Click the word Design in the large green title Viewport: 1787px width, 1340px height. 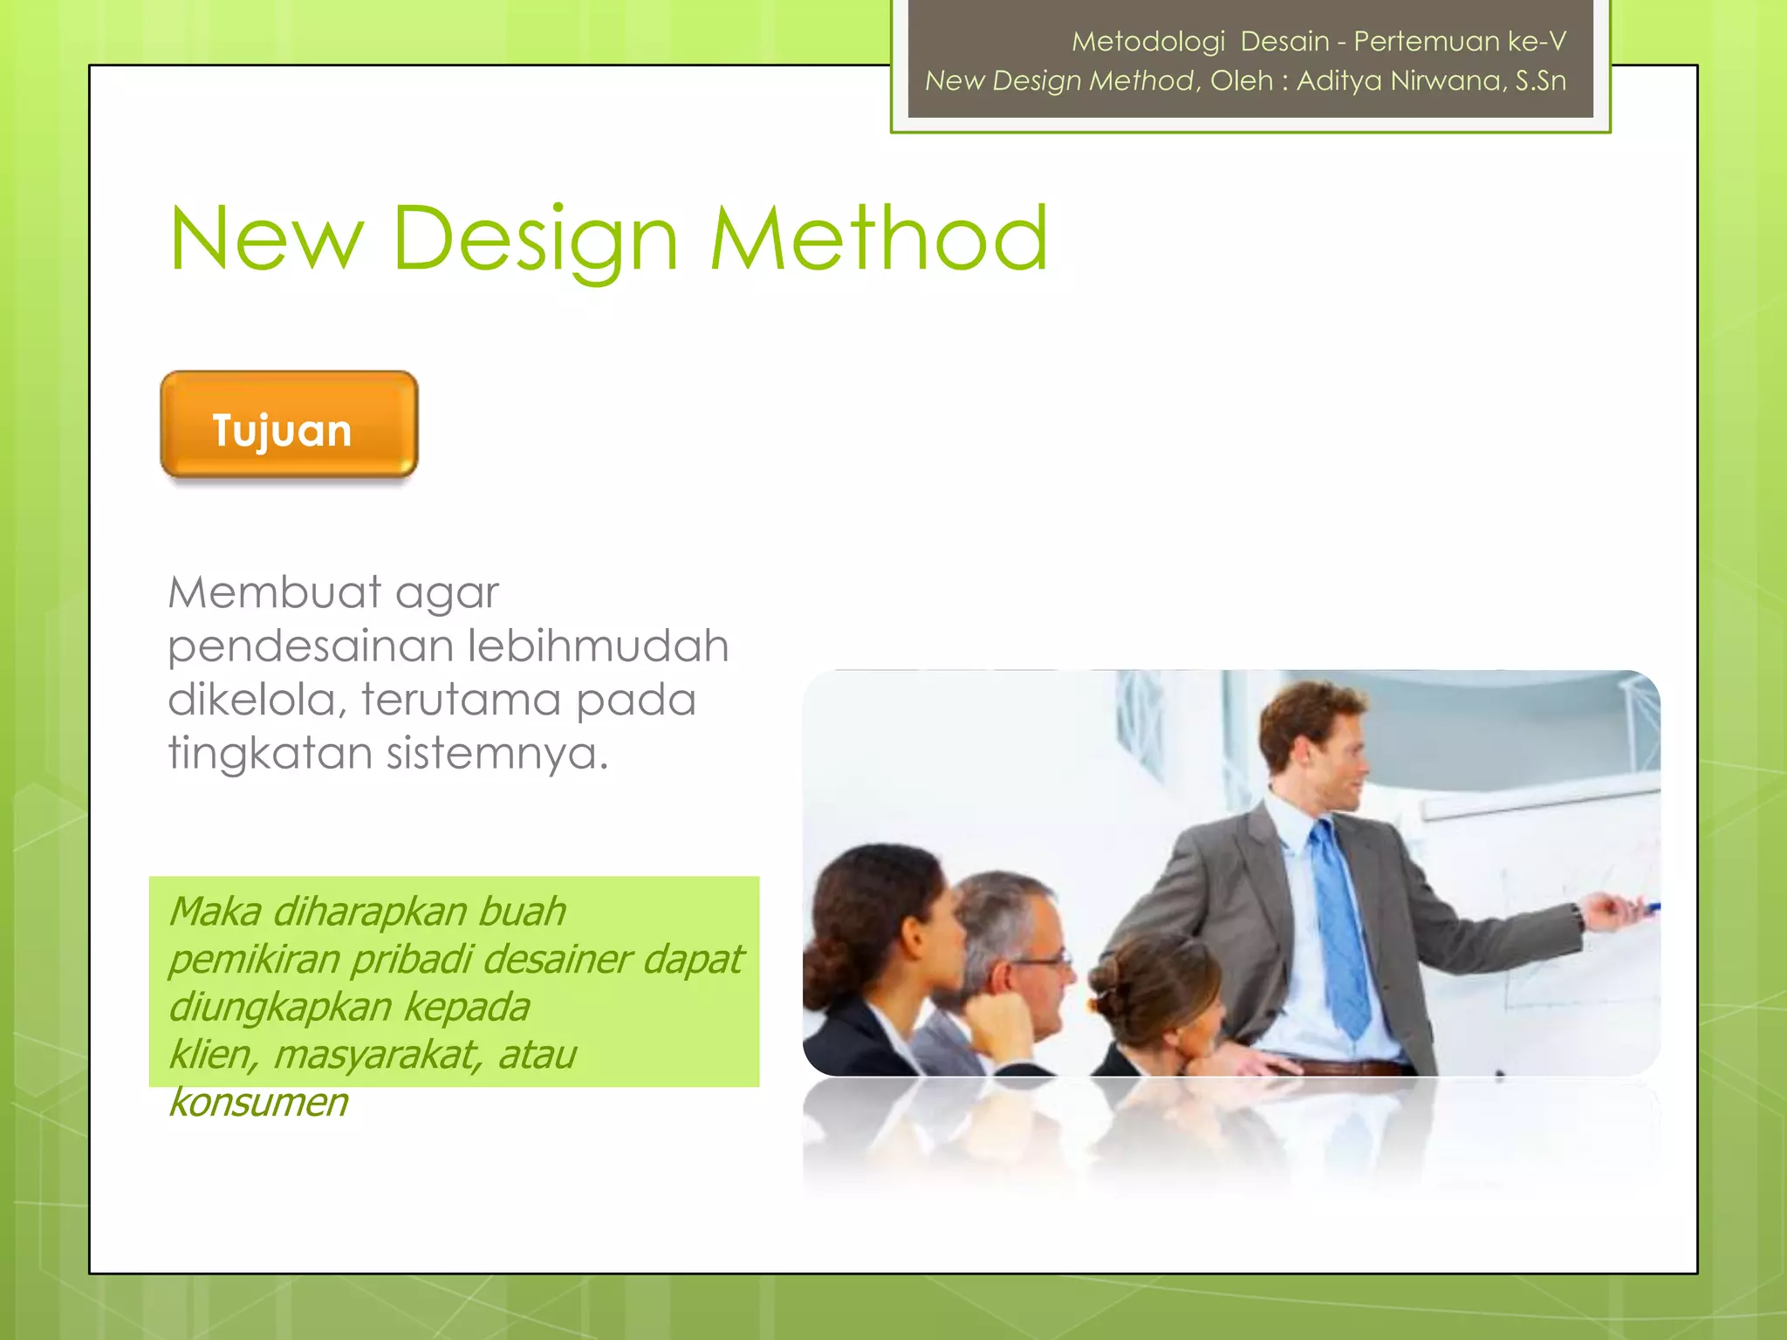pos(535,238)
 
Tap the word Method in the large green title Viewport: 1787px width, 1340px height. pos(878,238)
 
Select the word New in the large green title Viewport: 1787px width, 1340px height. pos(266,238)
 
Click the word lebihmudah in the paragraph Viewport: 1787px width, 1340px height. pos(598,646)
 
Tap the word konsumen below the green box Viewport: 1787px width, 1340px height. pos(258,1102)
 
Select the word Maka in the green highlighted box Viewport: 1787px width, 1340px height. pos(215,912)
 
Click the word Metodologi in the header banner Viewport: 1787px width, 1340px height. pos(1148,41)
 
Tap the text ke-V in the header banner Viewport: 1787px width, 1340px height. pos(1537,41)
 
